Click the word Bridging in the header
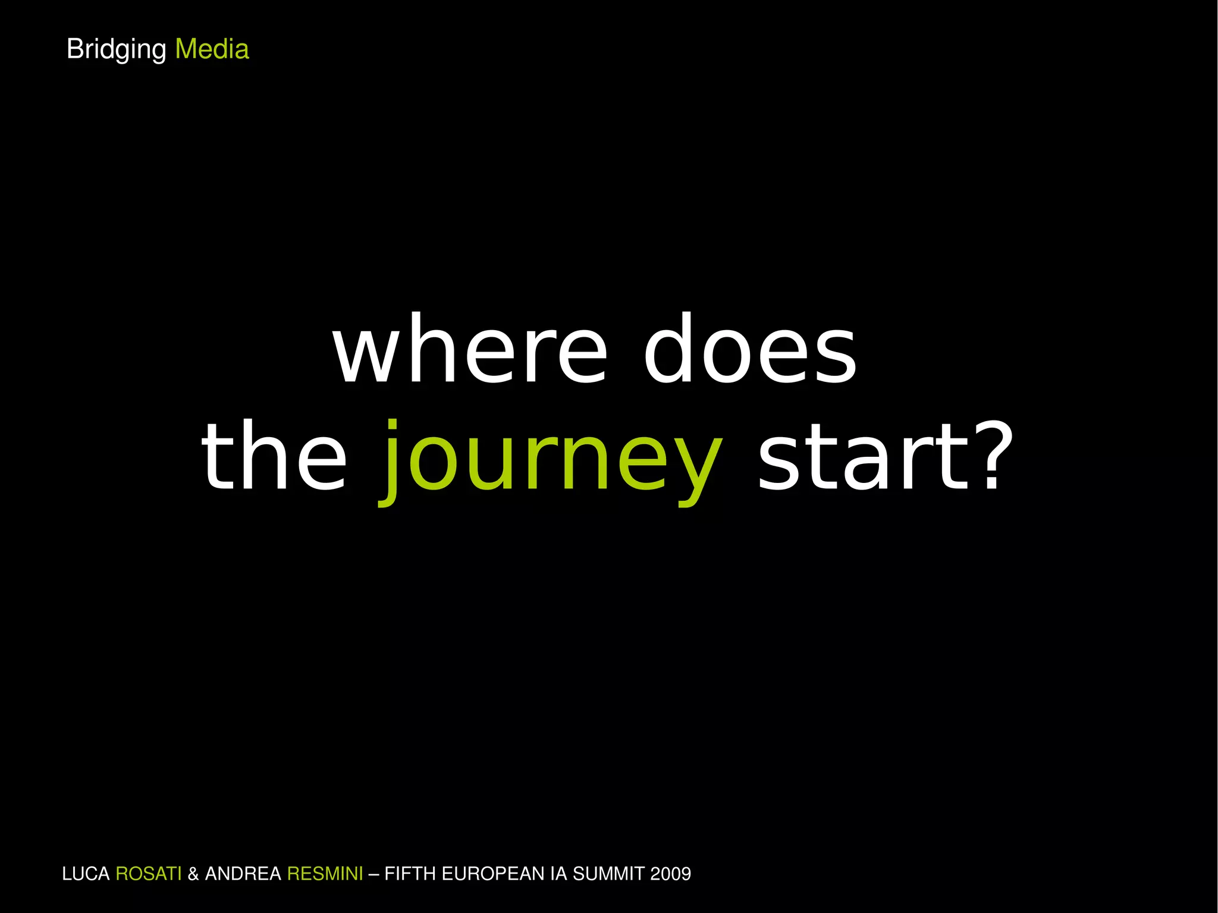(116, 49)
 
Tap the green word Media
(212, 49)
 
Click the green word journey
(551, 461)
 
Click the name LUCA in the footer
(86, 874)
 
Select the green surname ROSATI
(148, 874)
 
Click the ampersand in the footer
(193, 874)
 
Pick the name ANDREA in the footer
(243, 874)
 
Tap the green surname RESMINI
(325, 874)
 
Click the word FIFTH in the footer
(406, 874)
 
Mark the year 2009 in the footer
(671, 874)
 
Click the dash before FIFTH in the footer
(373, 874)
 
